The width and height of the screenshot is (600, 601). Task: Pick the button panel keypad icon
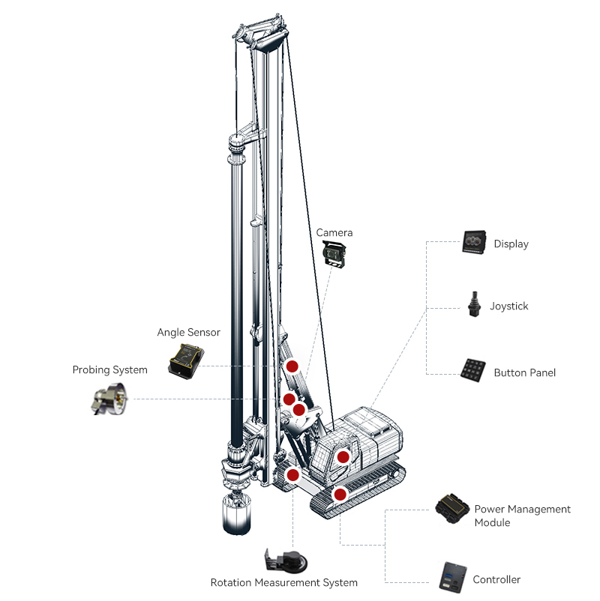coord(474,369)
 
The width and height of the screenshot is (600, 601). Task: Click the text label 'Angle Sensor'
coord(188,332)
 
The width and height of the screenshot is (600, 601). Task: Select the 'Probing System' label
coord(109,369)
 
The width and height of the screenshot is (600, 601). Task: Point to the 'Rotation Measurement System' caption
coord(283,582)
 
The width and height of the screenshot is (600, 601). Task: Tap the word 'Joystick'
coord(509,306)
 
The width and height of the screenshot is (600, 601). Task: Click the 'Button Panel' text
coord(524,372)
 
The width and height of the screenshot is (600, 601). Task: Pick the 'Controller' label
coord(496,579)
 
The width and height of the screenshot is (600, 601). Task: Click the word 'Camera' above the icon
coord(334,233)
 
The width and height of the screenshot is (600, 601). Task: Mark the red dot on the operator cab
coord(343,456)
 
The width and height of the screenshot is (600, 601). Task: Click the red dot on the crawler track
coord(340,494)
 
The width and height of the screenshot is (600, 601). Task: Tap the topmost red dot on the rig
coord(292,366)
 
